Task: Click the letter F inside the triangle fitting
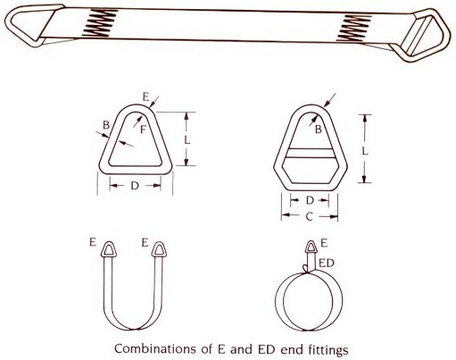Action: (x=143, y=130)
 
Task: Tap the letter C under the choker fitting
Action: (x=310, y=216)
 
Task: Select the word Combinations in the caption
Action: (x=154, y=348)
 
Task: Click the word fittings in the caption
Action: (x=325, y=349)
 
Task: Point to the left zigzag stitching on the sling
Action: (x=100, y=22)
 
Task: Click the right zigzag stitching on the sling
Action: (x=354, y=28)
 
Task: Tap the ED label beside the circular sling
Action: (x=327, y=264)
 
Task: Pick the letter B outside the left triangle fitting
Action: (x=106, y=125)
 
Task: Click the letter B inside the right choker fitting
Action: (x=319, y=130)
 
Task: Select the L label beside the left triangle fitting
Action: (x=187, y=139)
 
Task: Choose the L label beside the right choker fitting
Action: (x=365, y=151)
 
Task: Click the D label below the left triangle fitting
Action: (x=135, y=186)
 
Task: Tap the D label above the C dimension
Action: (x=310, y=200)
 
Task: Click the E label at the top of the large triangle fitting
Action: (x=145, y=97)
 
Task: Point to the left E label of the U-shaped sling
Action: (x=93, y=242)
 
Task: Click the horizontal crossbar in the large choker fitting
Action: (x=310, y=153)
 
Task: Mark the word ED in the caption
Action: (x=269, y=349)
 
